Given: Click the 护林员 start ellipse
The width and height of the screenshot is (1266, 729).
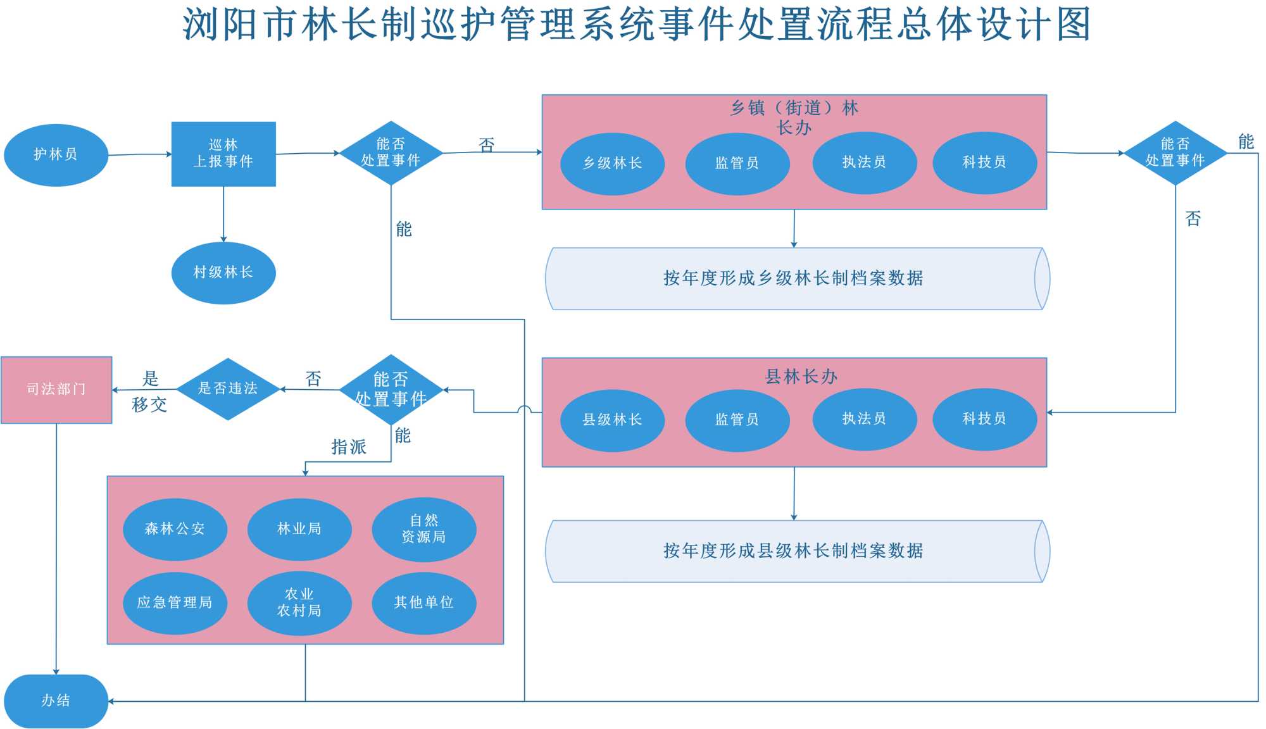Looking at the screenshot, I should (56, 155).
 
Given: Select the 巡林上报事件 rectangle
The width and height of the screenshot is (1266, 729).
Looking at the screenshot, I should (223, 154).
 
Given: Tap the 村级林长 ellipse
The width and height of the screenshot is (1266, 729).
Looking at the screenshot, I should (223, 273).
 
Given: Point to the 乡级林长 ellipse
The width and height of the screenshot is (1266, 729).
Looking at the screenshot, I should (612, 163).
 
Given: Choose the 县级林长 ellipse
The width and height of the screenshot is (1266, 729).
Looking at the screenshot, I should (612, 420).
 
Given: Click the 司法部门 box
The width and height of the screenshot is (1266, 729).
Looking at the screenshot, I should (56, 389).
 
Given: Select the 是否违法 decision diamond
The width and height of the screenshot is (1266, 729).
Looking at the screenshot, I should (228, 389).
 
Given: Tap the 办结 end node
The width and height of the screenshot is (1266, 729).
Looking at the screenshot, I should (56, 701).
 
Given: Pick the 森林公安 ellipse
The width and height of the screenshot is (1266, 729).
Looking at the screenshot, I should (175, 529).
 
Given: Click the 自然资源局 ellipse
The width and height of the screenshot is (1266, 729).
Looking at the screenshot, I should (423, 529).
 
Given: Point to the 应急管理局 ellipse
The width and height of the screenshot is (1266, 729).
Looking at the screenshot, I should (175, 602).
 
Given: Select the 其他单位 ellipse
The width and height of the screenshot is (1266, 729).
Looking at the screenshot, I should (423, 602).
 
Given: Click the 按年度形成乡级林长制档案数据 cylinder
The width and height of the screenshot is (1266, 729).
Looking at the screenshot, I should (794, 278).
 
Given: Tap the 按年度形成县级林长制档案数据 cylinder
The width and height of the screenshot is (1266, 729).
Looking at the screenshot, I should (794, 551).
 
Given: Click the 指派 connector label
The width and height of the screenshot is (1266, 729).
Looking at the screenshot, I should (349, 447).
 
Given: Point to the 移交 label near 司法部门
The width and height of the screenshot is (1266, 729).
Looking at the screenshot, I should (149, 405).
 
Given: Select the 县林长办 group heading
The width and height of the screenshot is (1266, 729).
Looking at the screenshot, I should (801, 377).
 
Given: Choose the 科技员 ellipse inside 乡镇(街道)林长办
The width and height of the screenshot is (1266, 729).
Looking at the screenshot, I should (984, 163).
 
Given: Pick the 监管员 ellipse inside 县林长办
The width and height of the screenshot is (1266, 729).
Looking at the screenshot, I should (737, 420).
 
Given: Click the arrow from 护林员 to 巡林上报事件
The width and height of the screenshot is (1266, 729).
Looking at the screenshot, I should (140, 154).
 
